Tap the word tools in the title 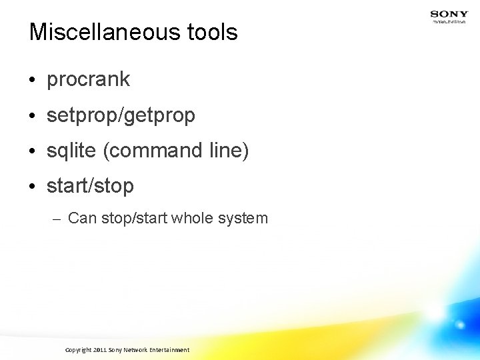click(x=213, y=32)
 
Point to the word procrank click(x=88, y=80)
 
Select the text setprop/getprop click(x=121, y=116)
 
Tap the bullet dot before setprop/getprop click(x=33, y=117)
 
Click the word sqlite click(x=71, y=151)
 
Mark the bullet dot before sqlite click(x=33, y=152)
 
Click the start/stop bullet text click(x=90, y=186)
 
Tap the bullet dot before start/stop click(x=33, y=187)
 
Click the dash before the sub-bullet click(x=57, y=219)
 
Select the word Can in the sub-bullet click(x=82, y=218)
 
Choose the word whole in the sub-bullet click(x=191, y=218)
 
